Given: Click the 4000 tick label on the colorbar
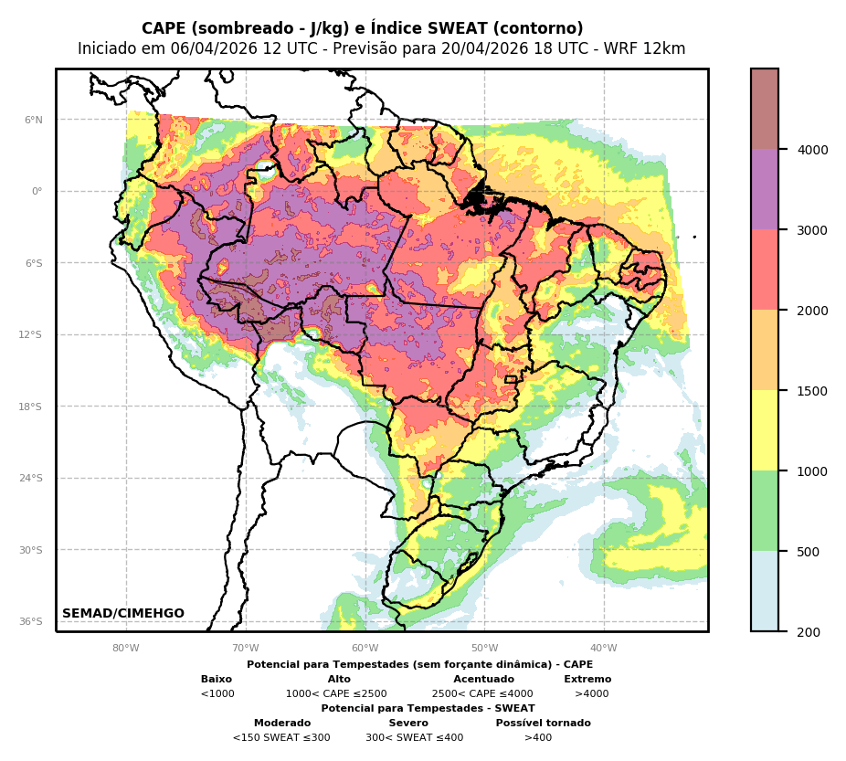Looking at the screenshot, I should pyautogui.click(x=813, y=150).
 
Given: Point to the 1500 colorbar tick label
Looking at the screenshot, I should pyautogui.click(x=813, y=391).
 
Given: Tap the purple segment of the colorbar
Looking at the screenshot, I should pyautogui.click(x=765, y=189).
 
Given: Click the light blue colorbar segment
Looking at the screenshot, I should pyautogui.click(x=765, y=591).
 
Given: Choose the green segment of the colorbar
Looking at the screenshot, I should pyautogui.click(x=765, y=511).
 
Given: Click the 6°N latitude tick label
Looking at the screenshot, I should pyautogui.click(x=34, y=120).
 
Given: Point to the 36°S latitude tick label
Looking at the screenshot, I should pyautogui.click(x=31, y=621).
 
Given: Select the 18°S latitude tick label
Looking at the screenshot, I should pyautogui.click(x=31, y=407).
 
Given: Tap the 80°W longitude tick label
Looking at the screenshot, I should pyautogui.click(x=126, y=649).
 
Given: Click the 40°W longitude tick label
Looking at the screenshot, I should pyautogui.click(x=604, y=649).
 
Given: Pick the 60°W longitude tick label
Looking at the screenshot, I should pyautogui.click(x=365, y=649).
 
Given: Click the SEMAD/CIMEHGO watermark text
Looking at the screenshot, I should pyautogui.click(x=123, y=614).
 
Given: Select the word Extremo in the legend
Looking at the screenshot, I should pyautogui.click(x=587, y=680).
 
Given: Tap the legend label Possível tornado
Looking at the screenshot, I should pyautogui.click(x=543, y=724).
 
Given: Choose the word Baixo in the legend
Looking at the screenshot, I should pyautogui.click(x=217, y=680).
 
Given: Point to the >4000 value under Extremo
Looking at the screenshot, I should pyautogui.click(x=591, y=694).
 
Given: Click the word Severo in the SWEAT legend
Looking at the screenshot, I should pyautogui.click(x=408, y=724).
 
